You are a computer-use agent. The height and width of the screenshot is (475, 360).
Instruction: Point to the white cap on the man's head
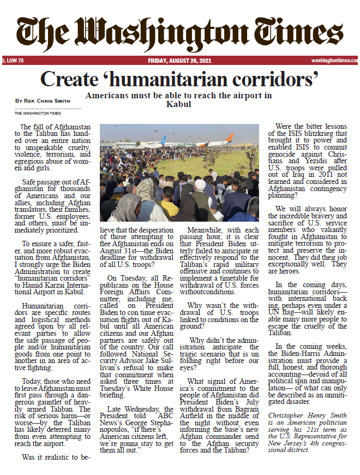pos(200,185)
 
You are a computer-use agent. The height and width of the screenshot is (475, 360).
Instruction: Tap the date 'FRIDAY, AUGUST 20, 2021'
pos(179,61)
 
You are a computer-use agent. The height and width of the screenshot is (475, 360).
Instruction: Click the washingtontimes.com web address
pos(334,61)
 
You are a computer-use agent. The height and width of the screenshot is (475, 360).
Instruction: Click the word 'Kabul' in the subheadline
pos(179,104)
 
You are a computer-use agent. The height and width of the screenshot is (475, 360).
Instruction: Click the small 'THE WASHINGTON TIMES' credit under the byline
pos(38,113)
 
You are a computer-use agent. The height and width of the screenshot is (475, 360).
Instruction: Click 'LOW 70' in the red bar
pos(14,61)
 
